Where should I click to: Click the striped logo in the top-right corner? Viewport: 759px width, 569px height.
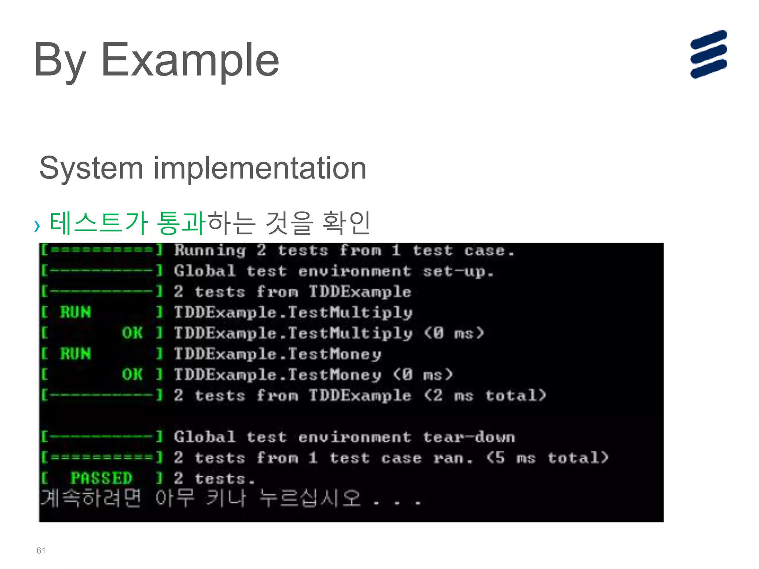(x=708, y=54)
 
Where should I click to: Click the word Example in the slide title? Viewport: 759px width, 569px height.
(x=190, y=60)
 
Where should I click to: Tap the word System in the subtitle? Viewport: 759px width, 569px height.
(x=91, y=169)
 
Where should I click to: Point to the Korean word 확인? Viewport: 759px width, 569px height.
(x=346, y=223)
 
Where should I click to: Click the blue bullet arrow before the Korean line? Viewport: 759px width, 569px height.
(x=37, y=226)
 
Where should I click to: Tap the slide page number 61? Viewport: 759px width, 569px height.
(x=41, y=550)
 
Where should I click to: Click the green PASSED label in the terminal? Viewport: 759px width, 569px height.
(x=101, y=478)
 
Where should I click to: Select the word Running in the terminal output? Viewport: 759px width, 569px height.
(x=210, y=251)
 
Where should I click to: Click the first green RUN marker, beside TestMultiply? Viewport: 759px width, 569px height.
(x=76, y=312)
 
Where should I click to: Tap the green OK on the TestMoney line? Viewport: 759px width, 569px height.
(x=132, y=375)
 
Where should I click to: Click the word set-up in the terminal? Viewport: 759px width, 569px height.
(x=458, y=272)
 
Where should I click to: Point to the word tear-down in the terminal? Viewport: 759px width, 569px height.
(x=469, y=437)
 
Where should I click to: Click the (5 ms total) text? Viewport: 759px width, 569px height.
(x=547, y=458)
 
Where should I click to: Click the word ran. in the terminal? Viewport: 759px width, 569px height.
(x=453, y=458)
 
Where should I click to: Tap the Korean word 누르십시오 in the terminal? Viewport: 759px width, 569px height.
(x=309, y=498)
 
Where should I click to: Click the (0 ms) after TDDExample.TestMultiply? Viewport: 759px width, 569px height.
(x=454, y=333)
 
